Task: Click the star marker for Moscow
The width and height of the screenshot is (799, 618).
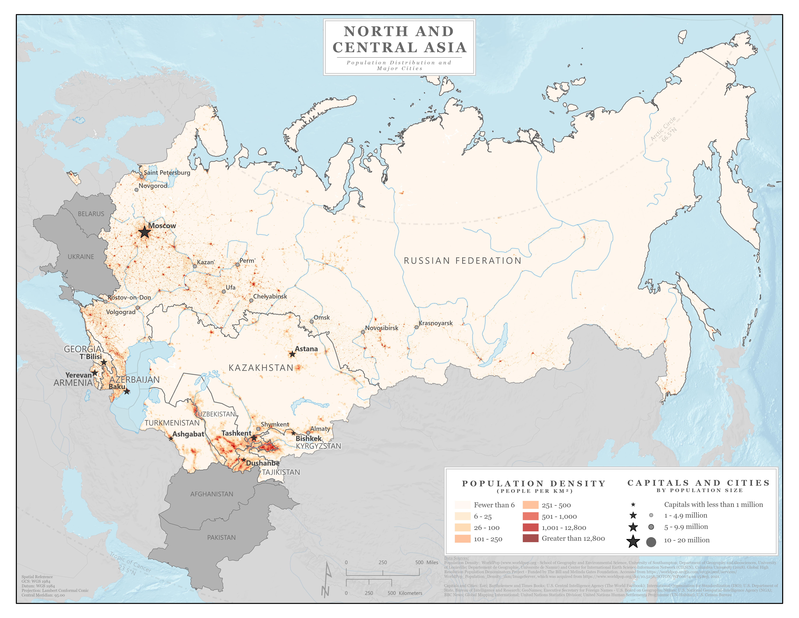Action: pyautogui.click(x=145, y=232)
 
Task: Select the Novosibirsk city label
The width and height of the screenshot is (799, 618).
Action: pyautogui.click(x=382, y=328)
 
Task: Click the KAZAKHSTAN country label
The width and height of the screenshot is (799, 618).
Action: pyautogui.click(x=261, y=368)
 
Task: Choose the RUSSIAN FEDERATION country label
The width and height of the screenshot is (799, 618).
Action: pyautogui.click(x=462, y=261)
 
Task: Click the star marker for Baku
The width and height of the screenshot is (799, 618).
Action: pyautogui.click(x=127, y=391)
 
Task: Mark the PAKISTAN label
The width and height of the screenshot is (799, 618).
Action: pyautogui.click(x=221, y=537)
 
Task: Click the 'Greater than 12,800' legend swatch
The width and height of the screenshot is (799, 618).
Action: pyautogui.click(x=531, y=538)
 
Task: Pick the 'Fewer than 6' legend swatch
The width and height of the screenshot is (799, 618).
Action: pyautogui.click(x=462, y=505)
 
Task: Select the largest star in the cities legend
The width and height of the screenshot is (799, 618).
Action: pyautogui.click(x=633, y=541)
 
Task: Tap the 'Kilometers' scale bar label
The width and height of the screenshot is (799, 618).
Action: pyautogui.click(x=411, y=593)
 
